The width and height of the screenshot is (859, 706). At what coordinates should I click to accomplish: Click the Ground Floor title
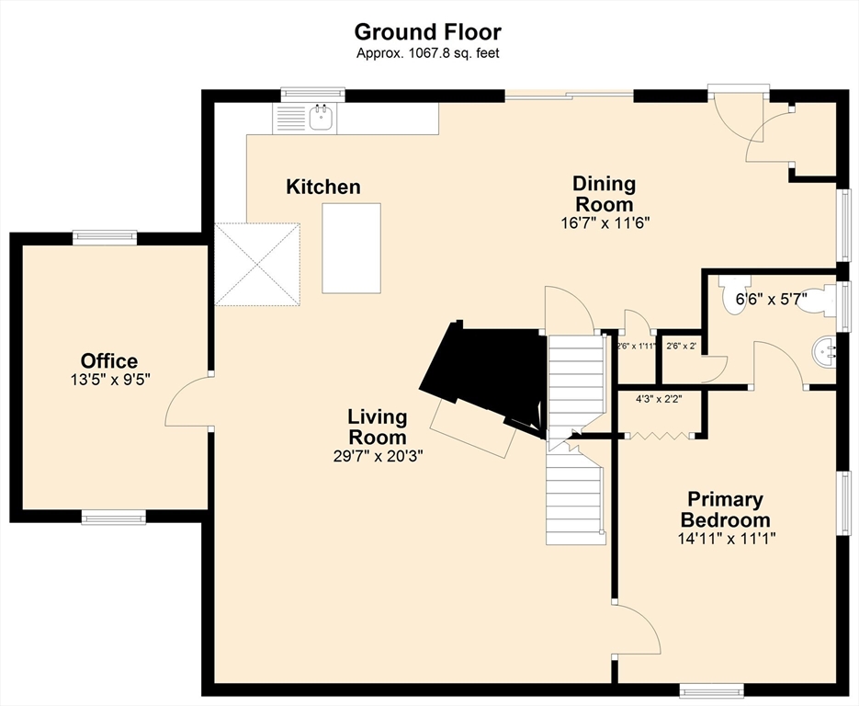(x=427, y=32)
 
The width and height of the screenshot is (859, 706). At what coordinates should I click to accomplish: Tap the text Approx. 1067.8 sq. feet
(x=428, y=53)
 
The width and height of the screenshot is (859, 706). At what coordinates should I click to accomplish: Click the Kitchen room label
(x=323, y=187)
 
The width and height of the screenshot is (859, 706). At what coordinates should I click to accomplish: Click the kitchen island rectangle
(x=351, y=248)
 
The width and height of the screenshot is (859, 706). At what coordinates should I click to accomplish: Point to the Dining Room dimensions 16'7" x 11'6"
(x=604, y=223)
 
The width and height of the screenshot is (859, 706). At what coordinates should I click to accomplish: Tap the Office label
(x=109, y=361)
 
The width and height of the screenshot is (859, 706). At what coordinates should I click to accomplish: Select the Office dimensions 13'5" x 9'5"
(x=110, y=380)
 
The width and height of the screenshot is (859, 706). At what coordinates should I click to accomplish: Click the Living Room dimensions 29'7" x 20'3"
(x=378, y=456)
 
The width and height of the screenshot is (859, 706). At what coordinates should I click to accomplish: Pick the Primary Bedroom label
(x=726, y=509)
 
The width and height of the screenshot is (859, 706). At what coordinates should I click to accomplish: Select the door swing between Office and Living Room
(x=186, y=400)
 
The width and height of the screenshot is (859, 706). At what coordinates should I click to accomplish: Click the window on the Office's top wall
(x=105, y=236)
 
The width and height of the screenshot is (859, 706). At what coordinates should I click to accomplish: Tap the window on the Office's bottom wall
(x=114, y=517)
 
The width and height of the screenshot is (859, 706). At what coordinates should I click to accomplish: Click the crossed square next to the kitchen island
(x=257, y=264)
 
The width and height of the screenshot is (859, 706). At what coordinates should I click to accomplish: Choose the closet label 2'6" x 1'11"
(x=637, y=347)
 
